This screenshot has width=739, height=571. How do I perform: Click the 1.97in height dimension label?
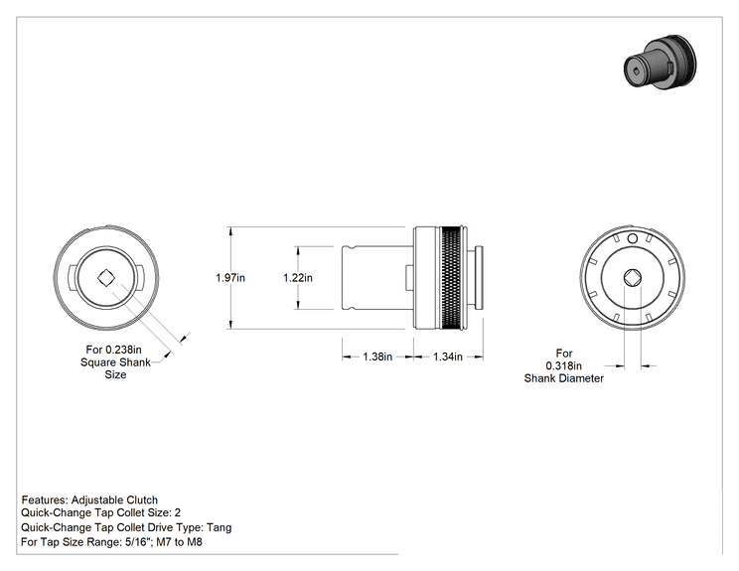(x=230, y=277)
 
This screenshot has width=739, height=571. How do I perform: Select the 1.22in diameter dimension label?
(x=297, y=277)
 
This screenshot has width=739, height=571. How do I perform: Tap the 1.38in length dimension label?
(x=377, y=357)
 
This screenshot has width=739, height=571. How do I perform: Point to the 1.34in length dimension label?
(x=448, y=357)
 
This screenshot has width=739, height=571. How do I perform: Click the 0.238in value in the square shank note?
(x=123, y=350)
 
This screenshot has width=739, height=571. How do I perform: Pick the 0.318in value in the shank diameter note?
(x=563, y=365)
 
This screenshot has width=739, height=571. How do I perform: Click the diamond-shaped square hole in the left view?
(x=106, y=278)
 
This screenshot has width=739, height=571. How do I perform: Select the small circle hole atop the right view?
(x=633, y=239)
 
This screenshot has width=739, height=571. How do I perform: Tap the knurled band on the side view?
(x=451, y=277)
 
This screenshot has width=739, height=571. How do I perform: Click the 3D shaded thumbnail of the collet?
(x=660, y=62)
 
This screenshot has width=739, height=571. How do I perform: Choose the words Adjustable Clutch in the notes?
(x=114, y=500)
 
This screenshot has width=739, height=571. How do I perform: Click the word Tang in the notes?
(x=220, y=527)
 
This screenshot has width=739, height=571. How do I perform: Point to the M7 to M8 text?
(x=179, y=542)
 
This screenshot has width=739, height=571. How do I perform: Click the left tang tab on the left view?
(x=73, y=277)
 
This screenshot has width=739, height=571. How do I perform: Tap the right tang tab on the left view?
(x=139, y=277)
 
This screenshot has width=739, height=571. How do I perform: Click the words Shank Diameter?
(x=563, y=378)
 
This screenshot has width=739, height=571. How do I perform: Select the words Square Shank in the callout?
(x=115, y=362)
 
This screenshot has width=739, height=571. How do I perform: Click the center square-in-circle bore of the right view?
(x=633, y=278)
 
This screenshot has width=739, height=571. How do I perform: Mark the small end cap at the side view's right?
(x=480, y=277)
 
